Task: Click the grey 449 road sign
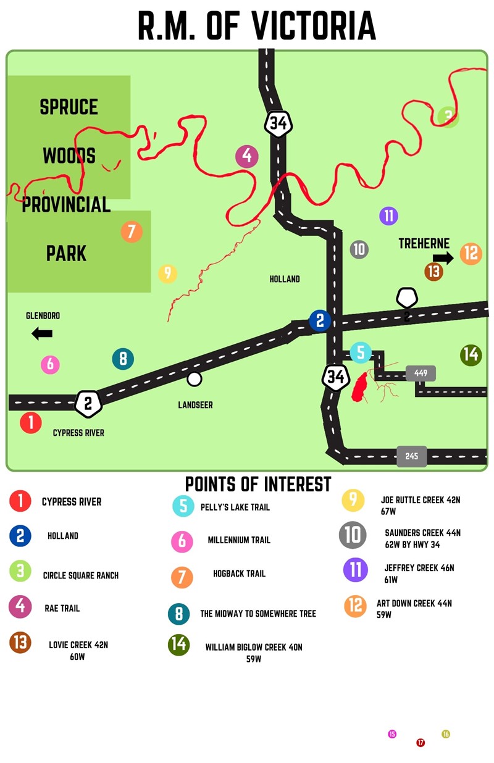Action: point(421,373)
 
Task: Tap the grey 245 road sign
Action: point(412,456)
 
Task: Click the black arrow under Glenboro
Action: point(42,334)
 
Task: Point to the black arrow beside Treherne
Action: point(443,258)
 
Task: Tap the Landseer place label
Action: point(195,405)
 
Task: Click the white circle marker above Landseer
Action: point(195,378)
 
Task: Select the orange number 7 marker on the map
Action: point(131,232)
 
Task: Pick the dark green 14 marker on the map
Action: point(471,355)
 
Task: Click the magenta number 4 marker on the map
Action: point(247,157)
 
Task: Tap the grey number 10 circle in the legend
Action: point(353,535)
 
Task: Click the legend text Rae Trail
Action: point(62,608)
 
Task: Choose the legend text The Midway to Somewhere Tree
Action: point(257,614)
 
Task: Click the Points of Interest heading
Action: point(258,484)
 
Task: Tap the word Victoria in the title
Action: point(313,26)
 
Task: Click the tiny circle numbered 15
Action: point(392,734)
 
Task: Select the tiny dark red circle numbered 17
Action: point(421,743)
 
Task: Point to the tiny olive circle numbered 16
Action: point(446,734)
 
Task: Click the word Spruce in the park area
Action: point(69,107)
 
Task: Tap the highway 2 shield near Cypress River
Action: point(88,404)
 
